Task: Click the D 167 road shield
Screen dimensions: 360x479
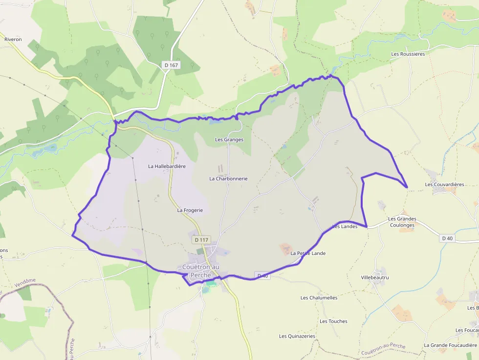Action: coord(171,64)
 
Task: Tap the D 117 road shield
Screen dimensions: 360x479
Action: coord(201,240)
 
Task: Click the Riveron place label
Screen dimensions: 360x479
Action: coord(13,39)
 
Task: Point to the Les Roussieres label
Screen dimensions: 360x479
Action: coord(408,54)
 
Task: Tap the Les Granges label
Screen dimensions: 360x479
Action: coord(229,140)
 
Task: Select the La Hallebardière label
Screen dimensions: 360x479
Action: coord(167,166)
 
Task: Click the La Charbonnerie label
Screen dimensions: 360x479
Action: coord(228,179)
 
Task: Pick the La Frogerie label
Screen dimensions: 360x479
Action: coord(190,210)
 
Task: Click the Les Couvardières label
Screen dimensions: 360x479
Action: coord(444,185)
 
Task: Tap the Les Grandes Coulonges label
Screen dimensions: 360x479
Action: coord(402,222)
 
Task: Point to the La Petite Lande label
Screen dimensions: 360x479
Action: coord(308,254)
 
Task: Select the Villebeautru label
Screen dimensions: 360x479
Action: coord(375,277)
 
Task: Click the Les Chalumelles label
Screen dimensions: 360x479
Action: coord(319,298)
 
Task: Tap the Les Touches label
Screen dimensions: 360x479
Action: coord(333,321)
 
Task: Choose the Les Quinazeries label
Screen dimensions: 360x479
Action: coord(297,336)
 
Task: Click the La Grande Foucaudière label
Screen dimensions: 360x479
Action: coord(450,345)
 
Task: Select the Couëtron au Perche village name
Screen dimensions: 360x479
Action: coord(200,271)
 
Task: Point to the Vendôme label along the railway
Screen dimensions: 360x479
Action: coord(25,281)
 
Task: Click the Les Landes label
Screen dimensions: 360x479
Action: coord(345,227)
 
